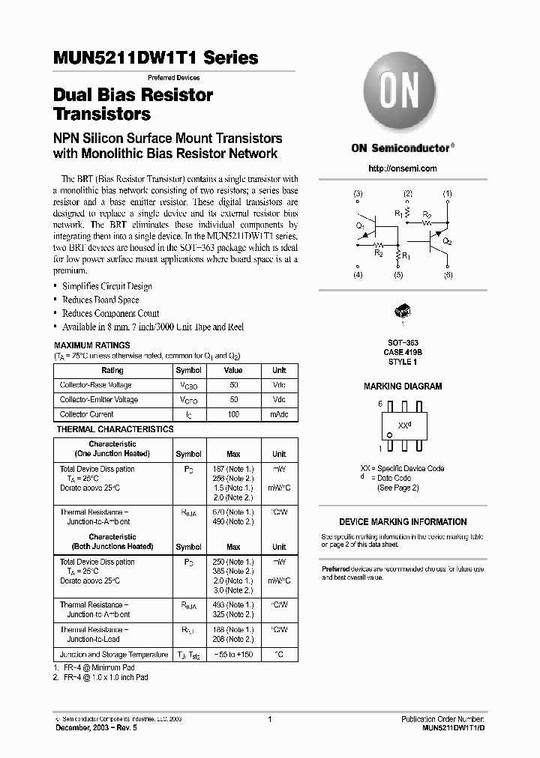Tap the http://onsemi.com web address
[403, 169]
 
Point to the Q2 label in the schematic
[447, 241]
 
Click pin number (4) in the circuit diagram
[358, 276]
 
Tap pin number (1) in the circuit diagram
[448, 194]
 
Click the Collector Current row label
[87, 414]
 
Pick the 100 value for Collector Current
[233, 414]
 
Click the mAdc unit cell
[279, 414]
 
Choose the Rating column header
[112, 371]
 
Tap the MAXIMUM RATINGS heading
[91, 345]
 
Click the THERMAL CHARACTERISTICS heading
[115, 429]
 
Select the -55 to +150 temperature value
[233, 654]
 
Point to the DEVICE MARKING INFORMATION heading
[403, 521]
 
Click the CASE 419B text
[403, 352]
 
